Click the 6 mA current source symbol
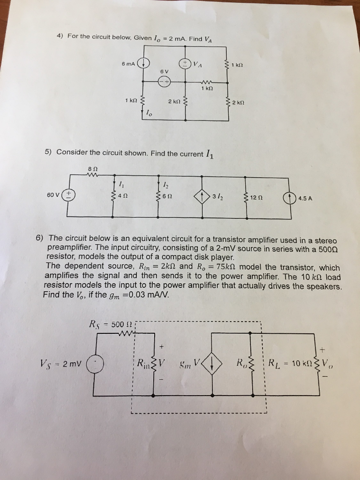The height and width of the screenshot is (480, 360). [x=145, y=63]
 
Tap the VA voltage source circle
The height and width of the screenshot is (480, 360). [x=185, y=64]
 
